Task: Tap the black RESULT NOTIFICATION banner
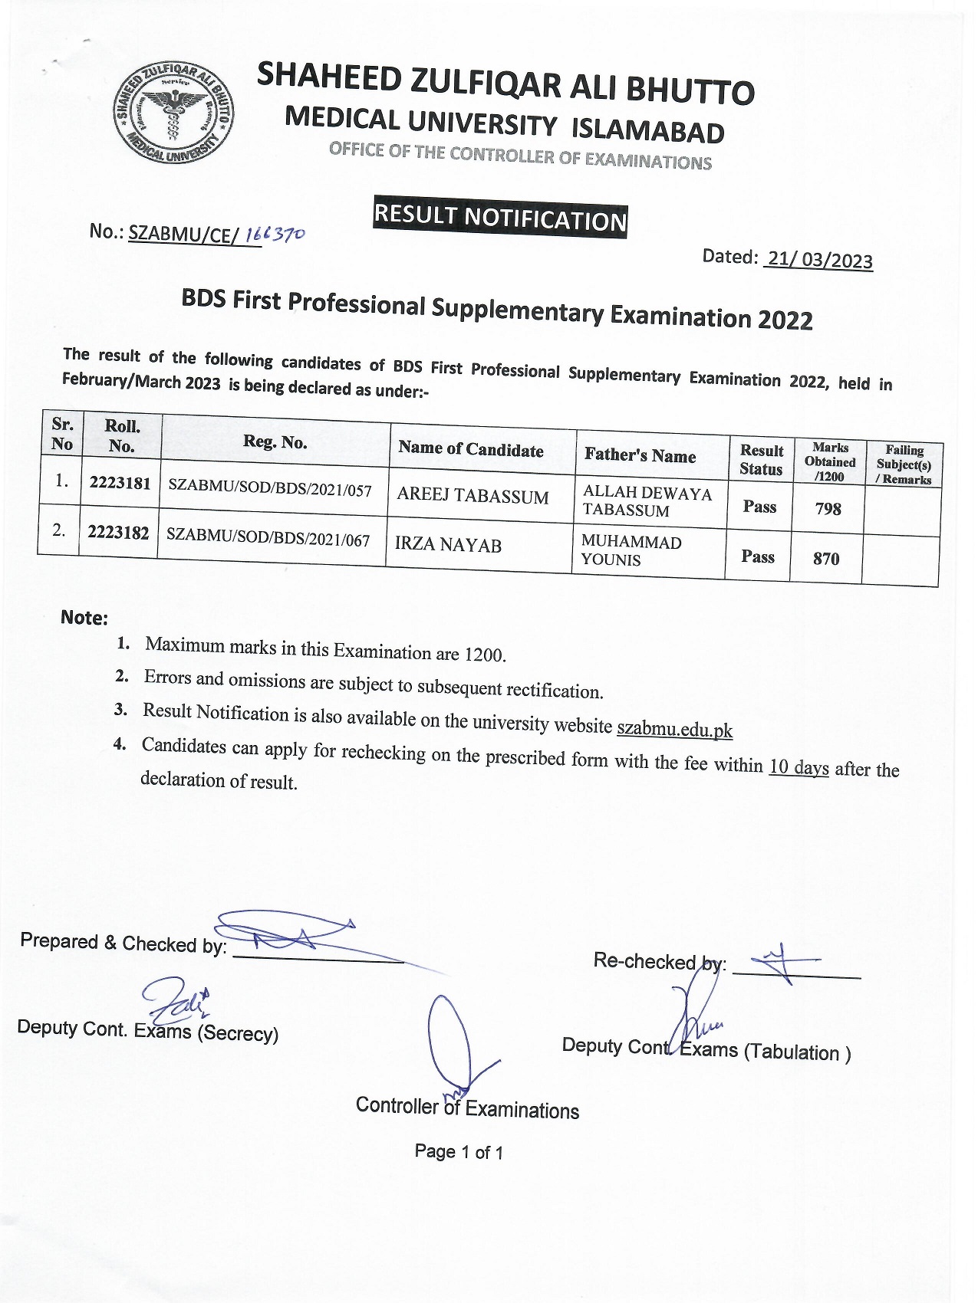(500, 219)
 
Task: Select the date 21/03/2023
(819, 260)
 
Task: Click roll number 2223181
(120, 483)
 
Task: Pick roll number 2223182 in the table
(118, 532)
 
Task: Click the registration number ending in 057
(270, 487)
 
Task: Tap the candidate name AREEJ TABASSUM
(473, 496)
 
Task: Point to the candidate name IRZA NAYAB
(448, 544)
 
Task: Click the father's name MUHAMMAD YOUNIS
(631, 550)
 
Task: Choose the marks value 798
(828, 508)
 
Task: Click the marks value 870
(826, 559)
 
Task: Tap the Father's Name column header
(640, 455)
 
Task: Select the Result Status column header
(761, 460)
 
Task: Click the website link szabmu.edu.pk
(674, 728)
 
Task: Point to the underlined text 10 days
(799, 766)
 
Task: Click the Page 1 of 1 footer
(459, 1151)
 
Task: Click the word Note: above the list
(84, 618)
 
